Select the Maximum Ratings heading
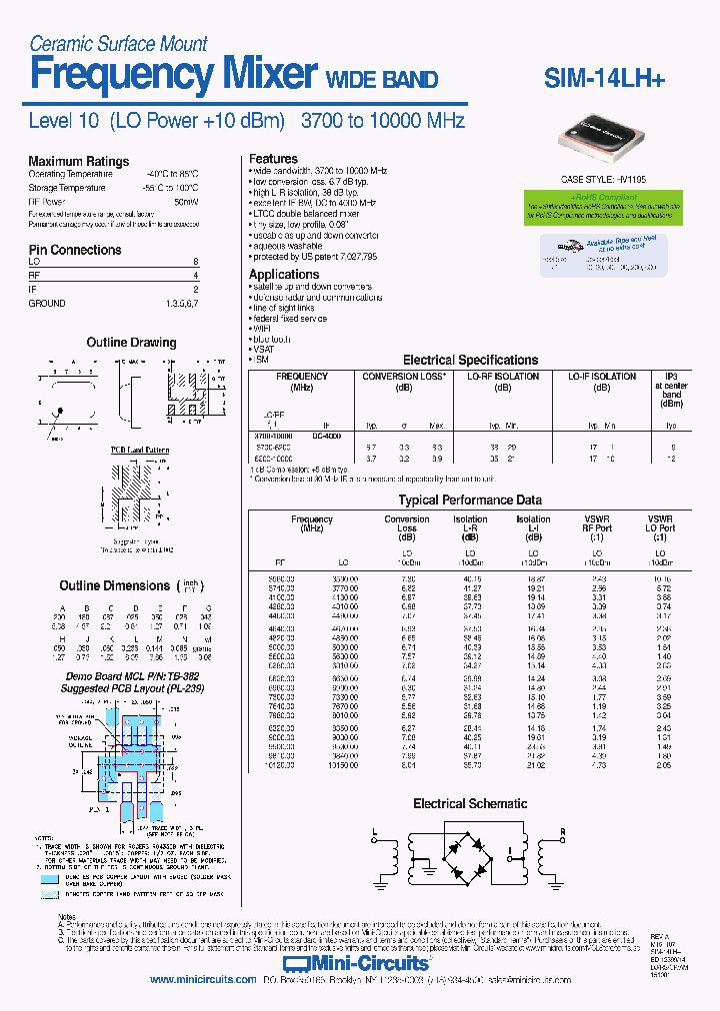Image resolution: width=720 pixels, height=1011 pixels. point(78,161)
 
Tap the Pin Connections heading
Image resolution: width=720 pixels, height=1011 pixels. point(75,250)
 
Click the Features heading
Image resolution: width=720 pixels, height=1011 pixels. point(273,159)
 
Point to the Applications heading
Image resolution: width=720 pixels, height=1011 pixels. point(284,274)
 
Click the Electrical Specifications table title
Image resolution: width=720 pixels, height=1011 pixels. point(470,360)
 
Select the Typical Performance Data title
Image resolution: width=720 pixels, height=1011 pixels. point(470,500)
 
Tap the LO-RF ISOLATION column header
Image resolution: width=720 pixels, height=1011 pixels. point(503,377)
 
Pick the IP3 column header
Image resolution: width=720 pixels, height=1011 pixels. point(671,377)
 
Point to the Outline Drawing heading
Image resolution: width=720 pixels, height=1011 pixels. point(131,343)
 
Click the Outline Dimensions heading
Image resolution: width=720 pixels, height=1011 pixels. point(115,585)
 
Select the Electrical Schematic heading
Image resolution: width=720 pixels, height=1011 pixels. point(470,803)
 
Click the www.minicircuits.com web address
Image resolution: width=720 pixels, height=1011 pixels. point(203,980)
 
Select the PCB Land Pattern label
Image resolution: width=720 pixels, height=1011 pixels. point(139,451)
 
